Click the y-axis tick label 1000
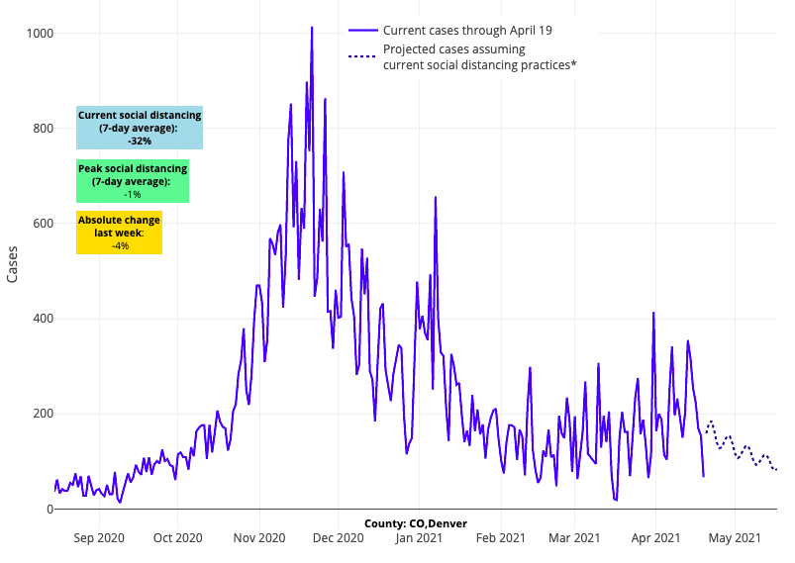41,34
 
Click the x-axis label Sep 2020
99,538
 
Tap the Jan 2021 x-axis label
419,538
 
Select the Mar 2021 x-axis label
574,538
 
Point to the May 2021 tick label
735,538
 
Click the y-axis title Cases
12,265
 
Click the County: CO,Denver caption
415,523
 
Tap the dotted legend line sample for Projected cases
362,56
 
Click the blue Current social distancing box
140,128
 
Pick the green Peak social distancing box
133,181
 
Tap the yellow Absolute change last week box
120,233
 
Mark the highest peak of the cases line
312,28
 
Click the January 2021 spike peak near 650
436,197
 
